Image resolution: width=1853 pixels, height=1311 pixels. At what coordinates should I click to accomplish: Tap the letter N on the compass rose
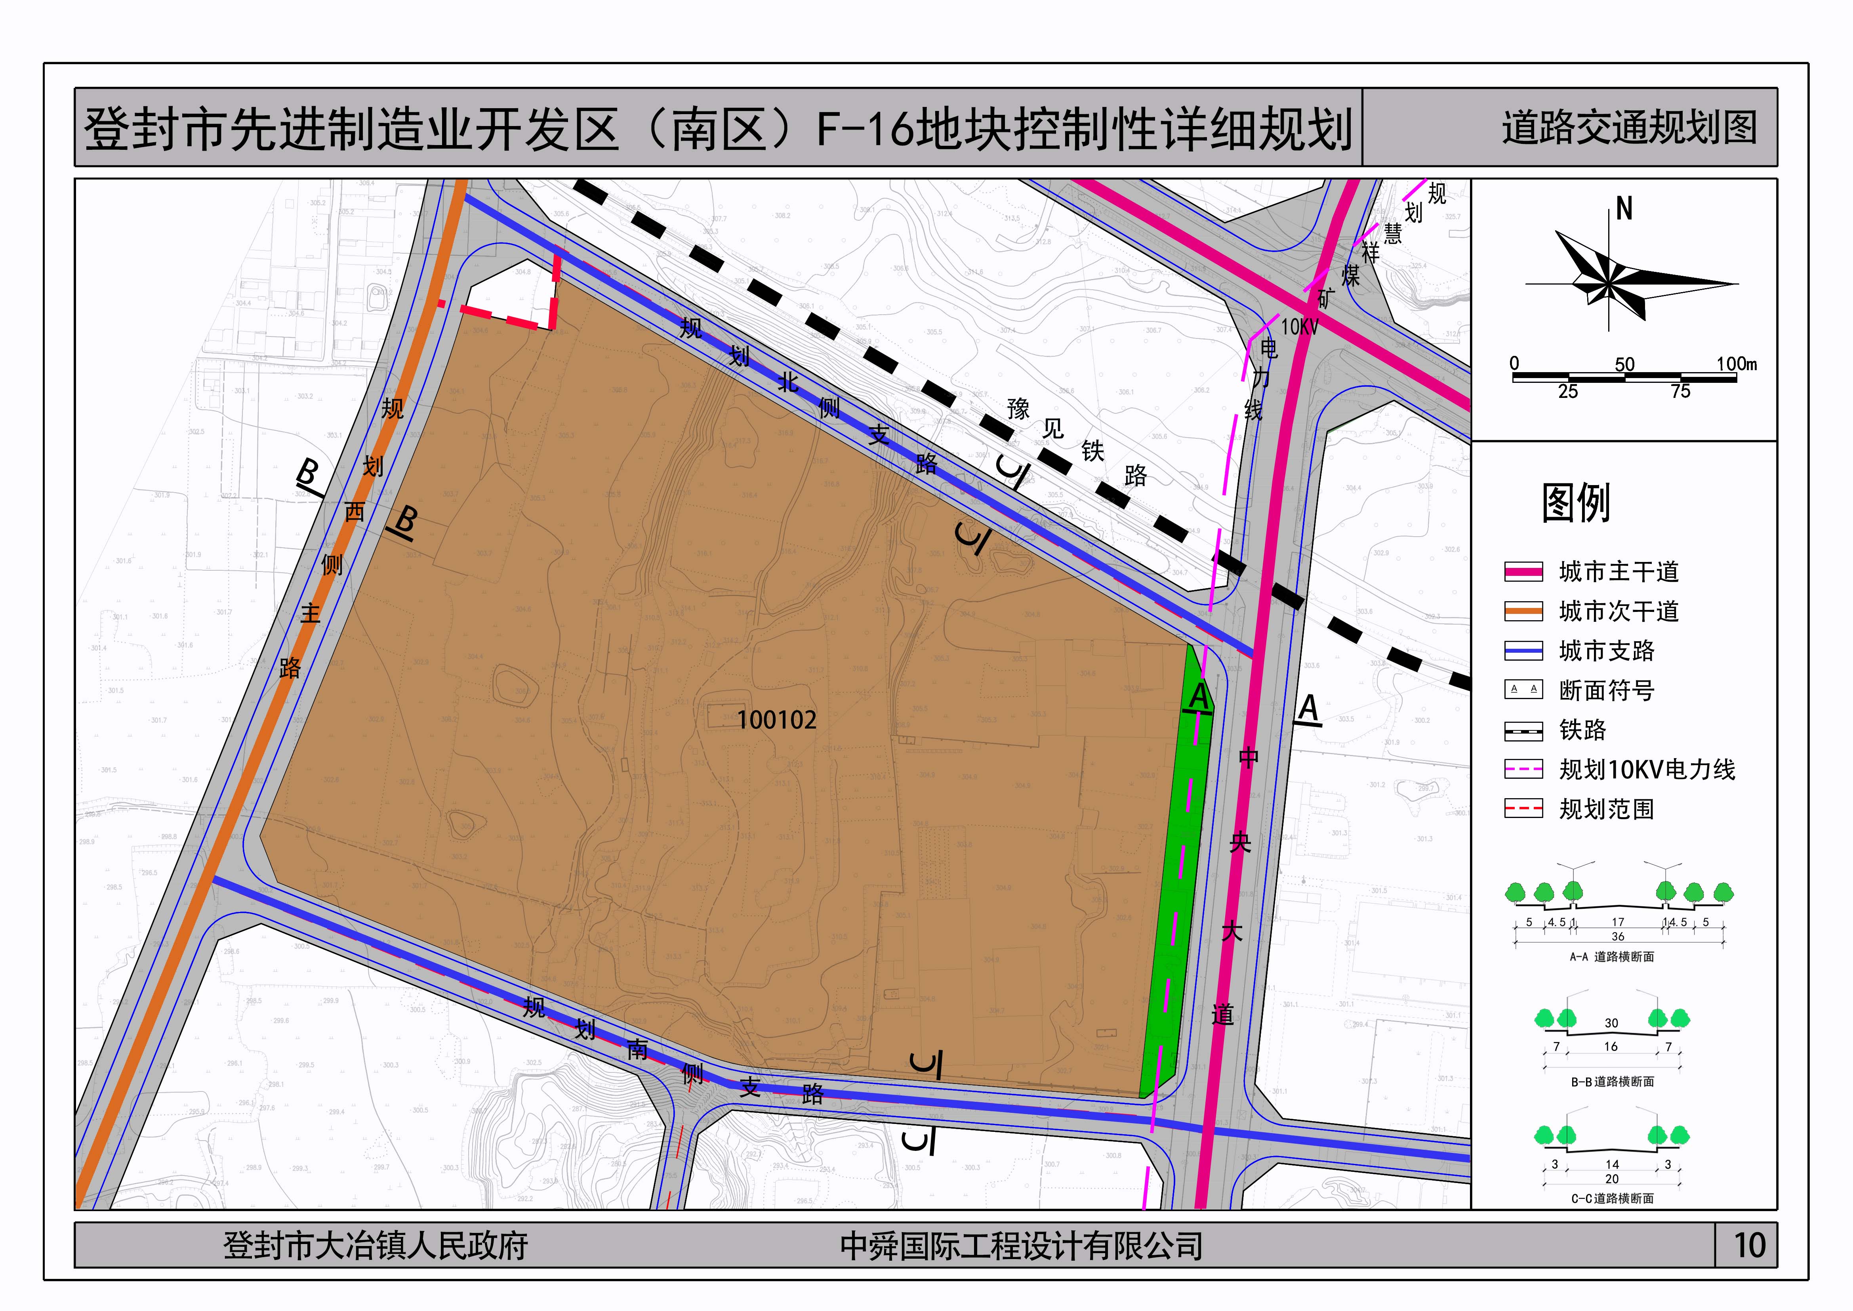tap(1624, 210)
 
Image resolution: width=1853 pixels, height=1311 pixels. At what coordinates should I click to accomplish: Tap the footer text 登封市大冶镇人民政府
tap(375, 1246)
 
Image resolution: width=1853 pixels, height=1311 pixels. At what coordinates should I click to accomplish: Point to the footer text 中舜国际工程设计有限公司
tap(1021, 1246)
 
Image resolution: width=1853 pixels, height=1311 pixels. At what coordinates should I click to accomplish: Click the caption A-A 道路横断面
tap(1612, 957)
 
